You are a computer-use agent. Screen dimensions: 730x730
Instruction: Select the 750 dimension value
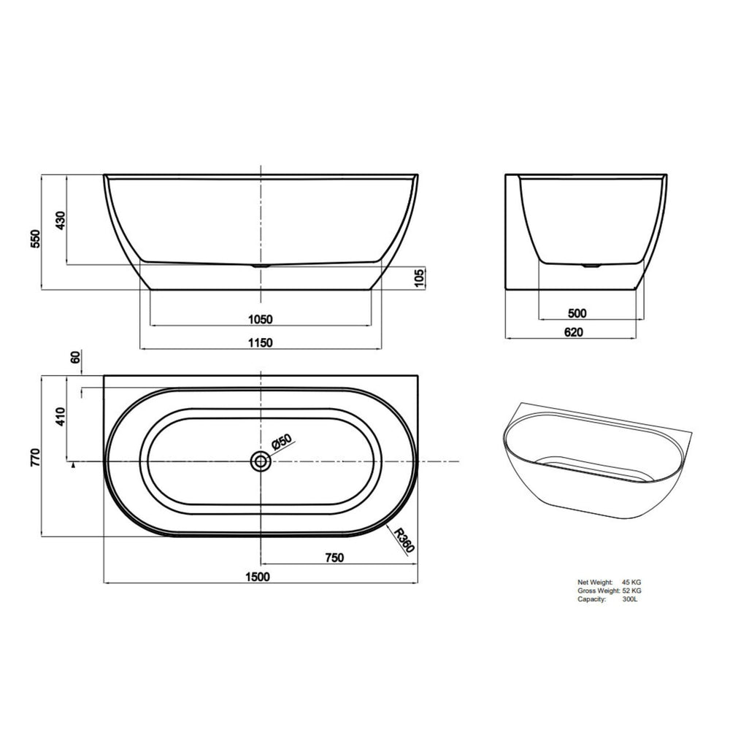point(334,558)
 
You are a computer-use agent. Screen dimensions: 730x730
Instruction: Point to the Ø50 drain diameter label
point(282,442)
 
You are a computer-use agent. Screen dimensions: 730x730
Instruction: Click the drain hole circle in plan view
point(260,461)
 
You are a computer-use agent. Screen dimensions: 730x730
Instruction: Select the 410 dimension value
point(61,418)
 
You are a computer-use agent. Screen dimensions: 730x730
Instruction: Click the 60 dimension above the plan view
point(74,358)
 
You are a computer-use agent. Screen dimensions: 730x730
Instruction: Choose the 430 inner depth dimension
point(61,219)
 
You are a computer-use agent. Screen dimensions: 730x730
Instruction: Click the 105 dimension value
point(419,278)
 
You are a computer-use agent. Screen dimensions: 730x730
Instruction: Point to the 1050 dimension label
point(260,319)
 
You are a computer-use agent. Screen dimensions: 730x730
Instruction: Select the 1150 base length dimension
point(260,343)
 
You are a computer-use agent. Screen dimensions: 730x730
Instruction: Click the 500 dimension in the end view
point(577,314)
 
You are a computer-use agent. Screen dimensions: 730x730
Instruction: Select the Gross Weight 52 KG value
point(632,590)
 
